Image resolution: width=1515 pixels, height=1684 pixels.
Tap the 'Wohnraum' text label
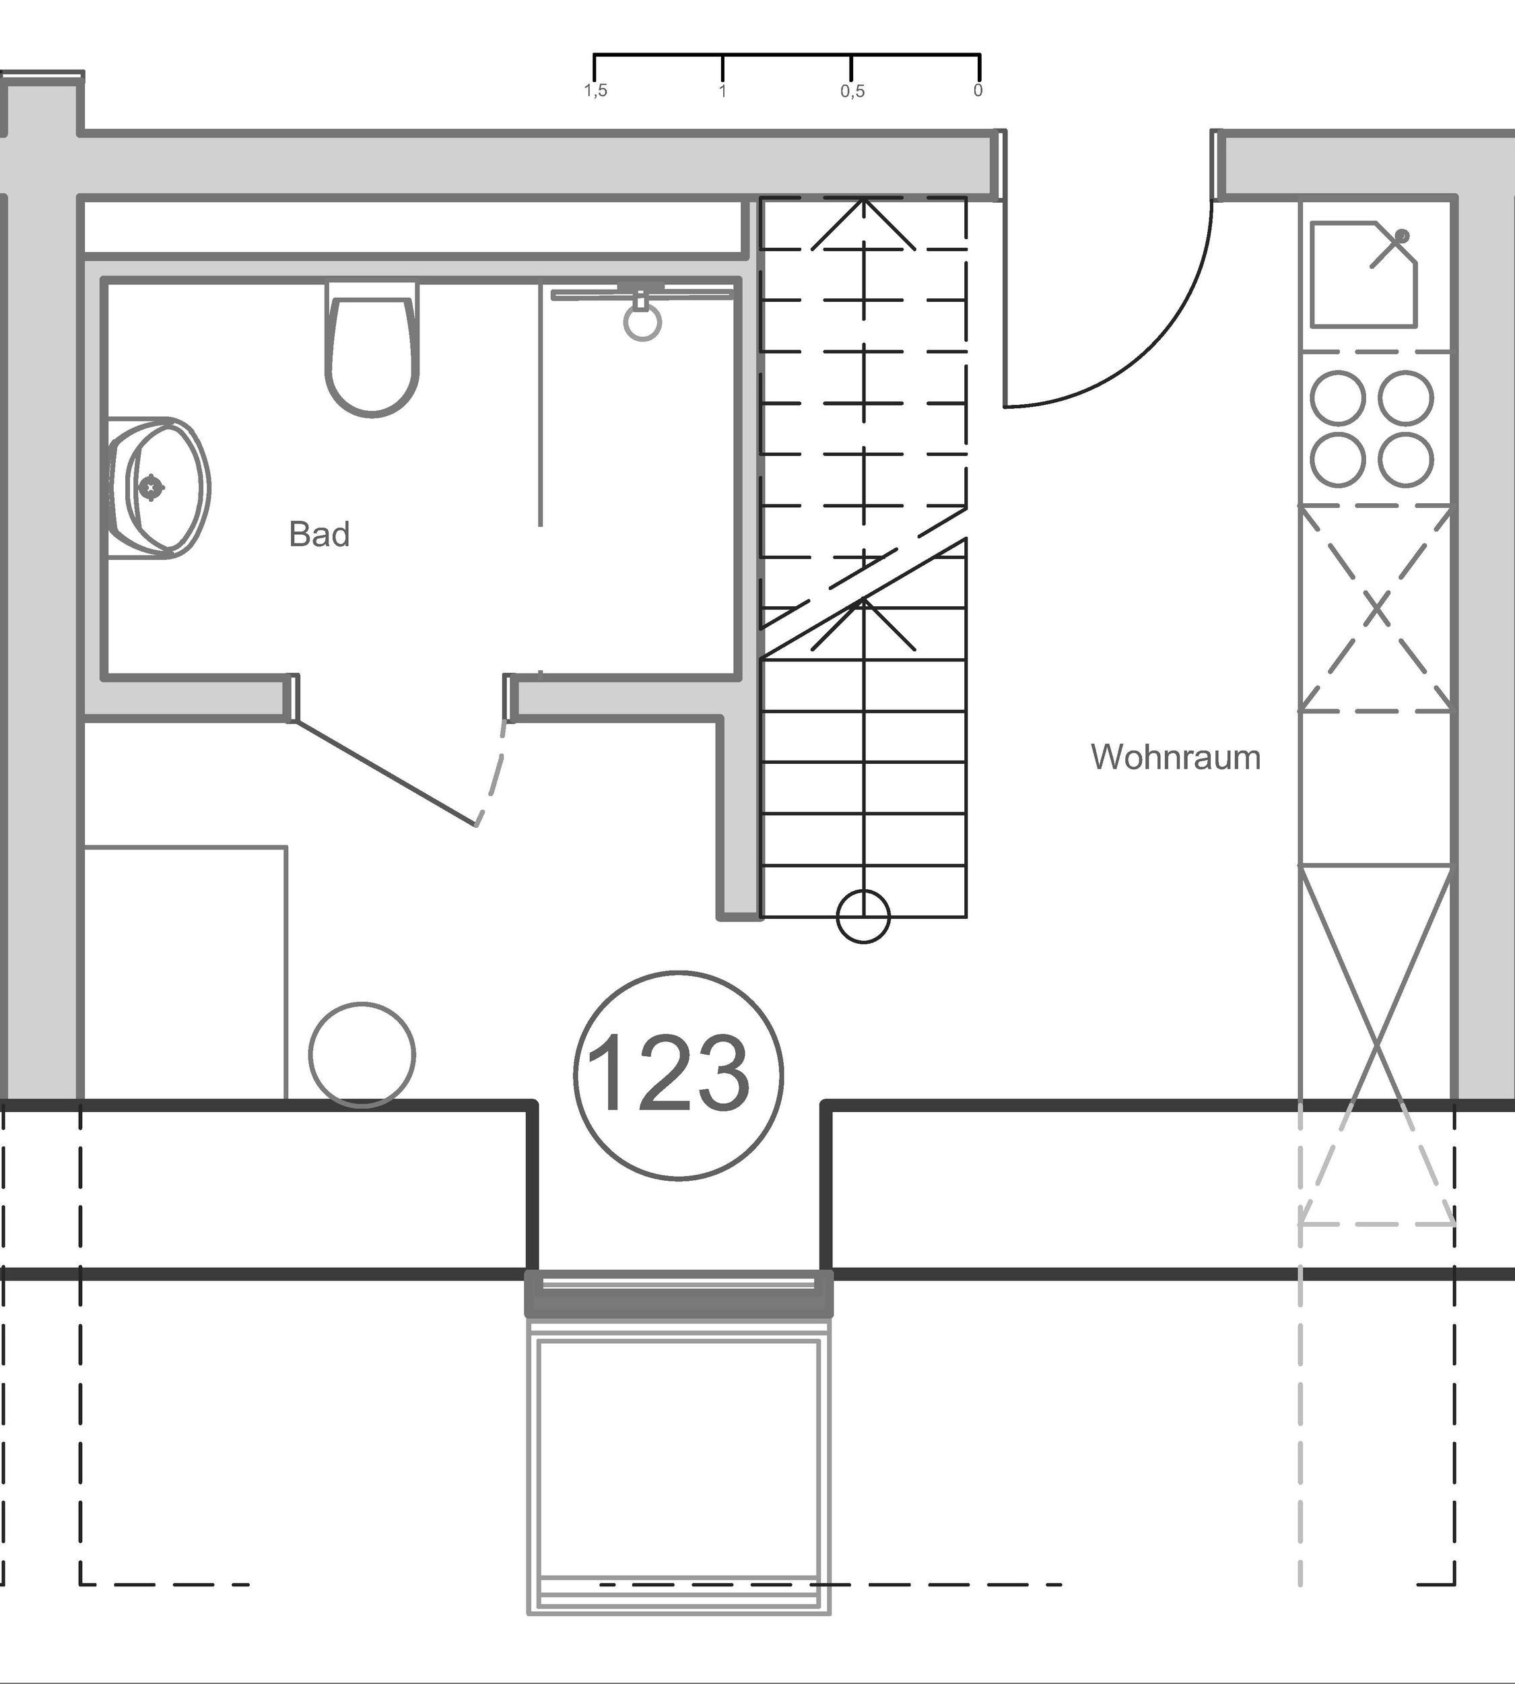point(1176,758)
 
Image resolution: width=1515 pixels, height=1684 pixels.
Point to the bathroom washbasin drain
point(151,486)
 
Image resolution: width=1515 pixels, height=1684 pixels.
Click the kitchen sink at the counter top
point(1363,275)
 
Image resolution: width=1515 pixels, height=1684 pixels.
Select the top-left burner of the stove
point(1338,397)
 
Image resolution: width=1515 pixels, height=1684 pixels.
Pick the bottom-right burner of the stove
point(1405,459)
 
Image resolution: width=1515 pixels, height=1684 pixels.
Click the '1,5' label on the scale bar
point(596,91)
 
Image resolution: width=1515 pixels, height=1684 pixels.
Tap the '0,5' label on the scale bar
point(852,91)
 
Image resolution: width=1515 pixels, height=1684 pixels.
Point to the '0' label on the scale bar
point(978,90)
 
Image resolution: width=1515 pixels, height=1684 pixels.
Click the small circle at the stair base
point(863,917)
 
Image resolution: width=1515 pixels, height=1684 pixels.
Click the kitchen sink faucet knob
point(1402,236)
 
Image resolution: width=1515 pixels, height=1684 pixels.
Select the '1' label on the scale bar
point(722,91)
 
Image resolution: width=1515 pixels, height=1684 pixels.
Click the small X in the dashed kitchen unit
point(1377,609)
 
